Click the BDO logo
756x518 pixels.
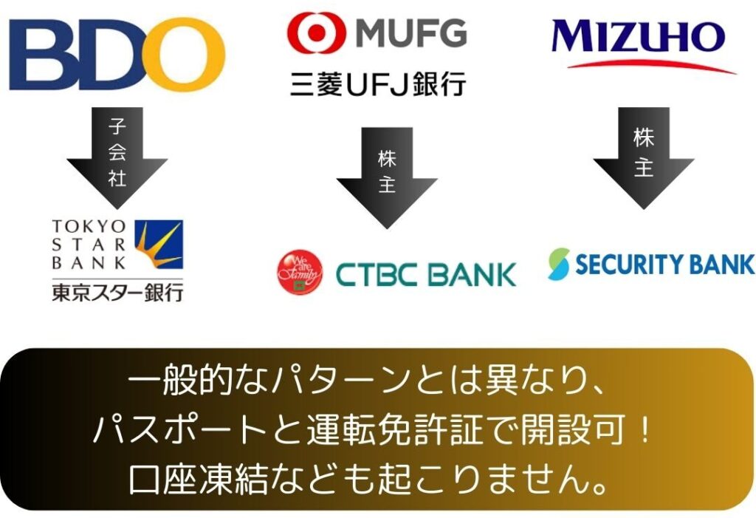tap(116, 54)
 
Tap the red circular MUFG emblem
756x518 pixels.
tap(316, 33)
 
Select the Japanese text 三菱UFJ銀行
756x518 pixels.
tap(378, 84)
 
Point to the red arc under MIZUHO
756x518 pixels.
tap(652, 66)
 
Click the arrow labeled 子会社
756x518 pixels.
tap(117, 158)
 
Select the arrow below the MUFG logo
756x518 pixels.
tap(387, 177)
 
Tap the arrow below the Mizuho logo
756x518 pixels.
tap(644, 158)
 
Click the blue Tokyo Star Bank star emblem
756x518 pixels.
tap(159, 245)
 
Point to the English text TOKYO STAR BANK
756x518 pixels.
tap(89, 245)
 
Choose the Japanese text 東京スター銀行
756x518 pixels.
tap(117, 293)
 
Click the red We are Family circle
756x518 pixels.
tap(300, 272)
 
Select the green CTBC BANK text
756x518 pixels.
tap(426, 274)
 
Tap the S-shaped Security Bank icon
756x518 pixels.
tap(559, 264)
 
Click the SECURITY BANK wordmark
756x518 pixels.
tap(664, 264)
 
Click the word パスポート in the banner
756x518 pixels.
tap(180, 429)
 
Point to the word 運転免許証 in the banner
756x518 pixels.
tap(395, 429)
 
